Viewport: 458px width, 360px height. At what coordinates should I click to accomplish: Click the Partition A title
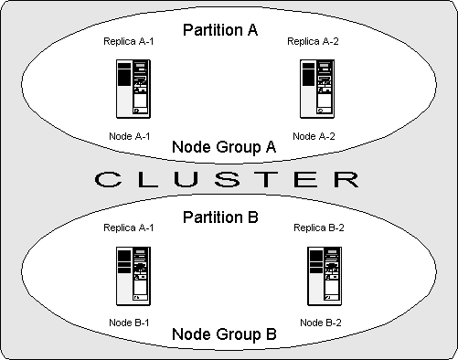tap(220, 30)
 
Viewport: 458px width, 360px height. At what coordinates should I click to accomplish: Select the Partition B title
tap(220, 217)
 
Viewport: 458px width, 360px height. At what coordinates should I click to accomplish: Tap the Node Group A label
tap(224, 146)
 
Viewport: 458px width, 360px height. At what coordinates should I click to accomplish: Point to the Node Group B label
tap(224, 334)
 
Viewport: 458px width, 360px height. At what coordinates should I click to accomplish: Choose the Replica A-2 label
tap(314, 41)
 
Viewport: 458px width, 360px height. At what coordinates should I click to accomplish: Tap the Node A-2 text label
tap(314, 136)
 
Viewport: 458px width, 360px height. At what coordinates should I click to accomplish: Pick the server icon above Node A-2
tap(316, 88)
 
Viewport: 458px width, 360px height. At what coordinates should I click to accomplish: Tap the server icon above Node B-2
tap(322, 275)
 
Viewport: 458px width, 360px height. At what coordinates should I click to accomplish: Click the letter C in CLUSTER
tap(110, 179)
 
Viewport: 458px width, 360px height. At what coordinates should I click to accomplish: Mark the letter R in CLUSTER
tap(345, 179)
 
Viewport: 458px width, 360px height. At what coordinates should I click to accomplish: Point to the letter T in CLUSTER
tap(269, 179)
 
